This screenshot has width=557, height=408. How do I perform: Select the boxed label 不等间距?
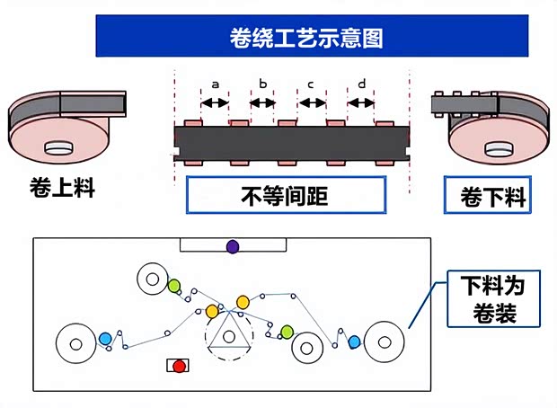tap(286, 195)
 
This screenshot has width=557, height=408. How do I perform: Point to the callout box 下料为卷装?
tap(492, 300)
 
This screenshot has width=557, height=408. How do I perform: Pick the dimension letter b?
tap(262, 84)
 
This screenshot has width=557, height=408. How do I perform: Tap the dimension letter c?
tap(311, 84)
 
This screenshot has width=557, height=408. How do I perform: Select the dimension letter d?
tap(361, 84)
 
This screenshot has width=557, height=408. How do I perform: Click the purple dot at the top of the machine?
tap(233, 246)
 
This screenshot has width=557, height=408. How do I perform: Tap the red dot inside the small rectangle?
tap(180, 366)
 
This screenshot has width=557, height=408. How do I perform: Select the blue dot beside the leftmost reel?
tap(105, 339)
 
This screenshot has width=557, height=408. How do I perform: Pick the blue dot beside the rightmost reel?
tap(354, 341)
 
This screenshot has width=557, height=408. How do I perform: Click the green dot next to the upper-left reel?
tap(174, 287)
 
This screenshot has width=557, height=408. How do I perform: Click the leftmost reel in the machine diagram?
tap(75, 342)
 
